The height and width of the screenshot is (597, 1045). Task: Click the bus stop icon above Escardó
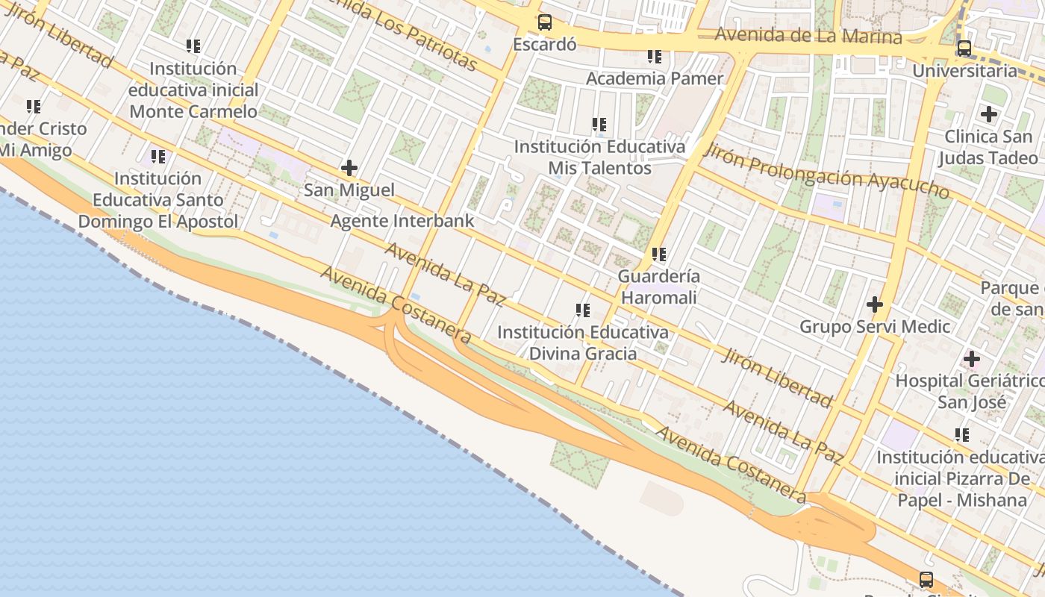(x=545, y=22)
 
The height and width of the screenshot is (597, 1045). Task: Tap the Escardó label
(x=545, y=44)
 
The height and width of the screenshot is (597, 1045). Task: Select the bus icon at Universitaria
(x=964, y=49)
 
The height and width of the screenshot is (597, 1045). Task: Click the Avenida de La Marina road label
(x=808, y=35)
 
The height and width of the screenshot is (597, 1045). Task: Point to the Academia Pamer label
(x=655, y=78)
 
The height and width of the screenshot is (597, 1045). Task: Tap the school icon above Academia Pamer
(x=655, y=57)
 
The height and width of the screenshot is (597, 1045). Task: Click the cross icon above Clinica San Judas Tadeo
(x=989, y=114)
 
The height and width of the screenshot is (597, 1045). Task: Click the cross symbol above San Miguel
(x=349, y=168)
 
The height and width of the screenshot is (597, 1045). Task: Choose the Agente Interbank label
(x=402, y=221)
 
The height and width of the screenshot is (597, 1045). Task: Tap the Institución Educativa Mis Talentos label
(x=599, y=157)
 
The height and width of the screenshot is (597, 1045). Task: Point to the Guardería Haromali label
(x=658, y=287)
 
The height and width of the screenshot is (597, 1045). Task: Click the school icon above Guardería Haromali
(x=658, y=254)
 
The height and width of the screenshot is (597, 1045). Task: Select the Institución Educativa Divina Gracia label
(x=583, y=343)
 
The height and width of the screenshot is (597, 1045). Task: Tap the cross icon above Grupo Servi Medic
(x=874, y=304)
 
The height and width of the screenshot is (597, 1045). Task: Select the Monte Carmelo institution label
(x=193, y=90)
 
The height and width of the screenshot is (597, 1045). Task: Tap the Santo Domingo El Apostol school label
(x=158, y=200)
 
